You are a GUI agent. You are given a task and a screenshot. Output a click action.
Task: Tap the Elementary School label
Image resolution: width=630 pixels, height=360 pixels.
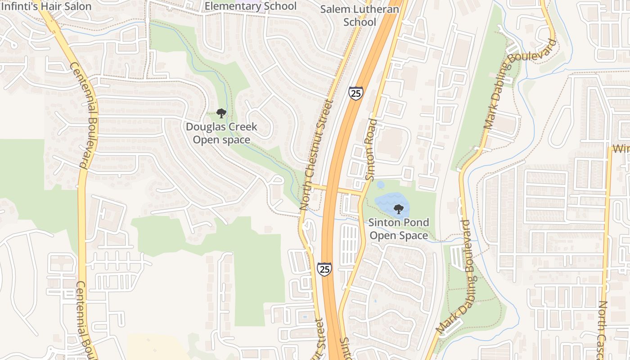[x=251, y=6]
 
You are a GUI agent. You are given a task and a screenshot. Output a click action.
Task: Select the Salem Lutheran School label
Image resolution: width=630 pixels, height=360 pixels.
[x=360, y=15]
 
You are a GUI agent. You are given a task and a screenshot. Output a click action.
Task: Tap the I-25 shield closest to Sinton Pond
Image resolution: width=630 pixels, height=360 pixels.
[x=324, y=269]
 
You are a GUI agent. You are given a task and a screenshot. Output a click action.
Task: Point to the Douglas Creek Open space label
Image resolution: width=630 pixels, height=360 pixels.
[x=222, y=133]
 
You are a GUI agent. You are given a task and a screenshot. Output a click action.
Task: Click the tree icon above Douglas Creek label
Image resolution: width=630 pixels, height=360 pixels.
[x=221, y=113]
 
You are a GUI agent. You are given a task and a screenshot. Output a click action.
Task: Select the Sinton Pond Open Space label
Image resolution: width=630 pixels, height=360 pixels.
[x=398, y=229]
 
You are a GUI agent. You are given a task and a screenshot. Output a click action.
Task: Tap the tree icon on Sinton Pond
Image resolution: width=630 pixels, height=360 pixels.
[x=398, y=208]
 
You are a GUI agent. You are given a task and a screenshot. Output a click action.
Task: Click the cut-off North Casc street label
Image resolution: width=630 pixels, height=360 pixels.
[x=603, y=331]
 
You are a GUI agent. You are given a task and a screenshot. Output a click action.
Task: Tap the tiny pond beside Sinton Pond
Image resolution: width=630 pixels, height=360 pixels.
[x=381, y=184]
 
